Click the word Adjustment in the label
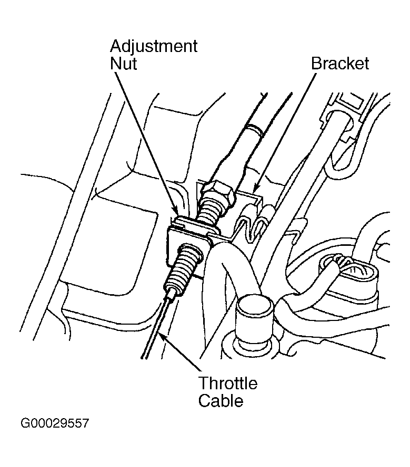(x=154, y=47)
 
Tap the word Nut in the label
(x=123, y=64)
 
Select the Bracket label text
(x=340, y=64)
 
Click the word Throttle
(x=228, y=383)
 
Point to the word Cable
(x=221, y=401)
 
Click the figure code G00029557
(x=55, y=423)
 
